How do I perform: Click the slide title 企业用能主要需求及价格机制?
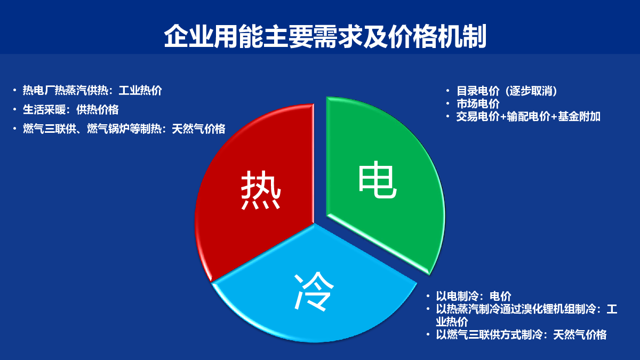click(325, 36)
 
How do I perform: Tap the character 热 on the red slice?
click(261, 190)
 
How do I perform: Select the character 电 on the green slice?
click(378, 179)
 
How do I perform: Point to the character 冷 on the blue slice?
click(314, 291)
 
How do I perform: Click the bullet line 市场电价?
click(478, 103)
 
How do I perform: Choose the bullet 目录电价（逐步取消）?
click(507, 91)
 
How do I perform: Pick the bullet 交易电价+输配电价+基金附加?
click(528, 117)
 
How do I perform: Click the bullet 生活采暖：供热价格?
click(70, 110)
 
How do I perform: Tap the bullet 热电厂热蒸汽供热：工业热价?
click(92, 91)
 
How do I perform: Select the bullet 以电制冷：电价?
click(474, 297)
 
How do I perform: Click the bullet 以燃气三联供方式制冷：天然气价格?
click(521, 334)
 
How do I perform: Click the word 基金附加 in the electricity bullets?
click(579, 117)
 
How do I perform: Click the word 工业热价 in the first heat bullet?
click(140, 91)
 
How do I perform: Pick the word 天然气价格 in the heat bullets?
click(198, 129)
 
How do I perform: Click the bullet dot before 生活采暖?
click(14, 109)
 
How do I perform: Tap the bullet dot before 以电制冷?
click(428, 296)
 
